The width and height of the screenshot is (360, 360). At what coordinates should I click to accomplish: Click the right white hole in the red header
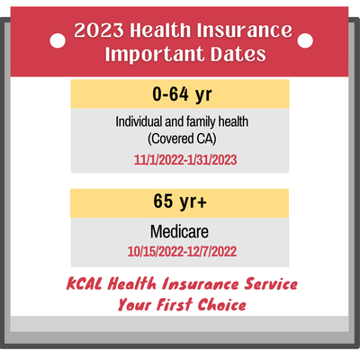tap(303, 40)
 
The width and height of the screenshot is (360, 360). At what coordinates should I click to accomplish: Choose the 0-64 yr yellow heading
tap(180, 94)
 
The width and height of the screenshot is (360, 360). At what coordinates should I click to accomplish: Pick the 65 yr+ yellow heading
tap(180, 202)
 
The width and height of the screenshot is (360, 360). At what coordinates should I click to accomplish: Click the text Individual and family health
tap(180, 122)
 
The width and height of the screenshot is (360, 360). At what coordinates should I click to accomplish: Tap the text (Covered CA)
tap(180, 139)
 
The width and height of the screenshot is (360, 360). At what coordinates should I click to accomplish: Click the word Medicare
tap(180, 231)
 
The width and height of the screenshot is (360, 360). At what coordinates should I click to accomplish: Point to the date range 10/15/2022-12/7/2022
tap(180, 249)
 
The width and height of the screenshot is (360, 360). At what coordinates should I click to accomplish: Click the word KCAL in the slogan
tap(87, 284)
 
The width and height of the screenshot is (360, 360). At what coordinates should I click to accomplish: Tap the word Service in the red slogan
tap(265, 284)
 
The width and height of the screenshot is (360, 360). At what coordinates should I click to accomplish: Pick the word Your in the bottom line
tap(134, 304)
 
